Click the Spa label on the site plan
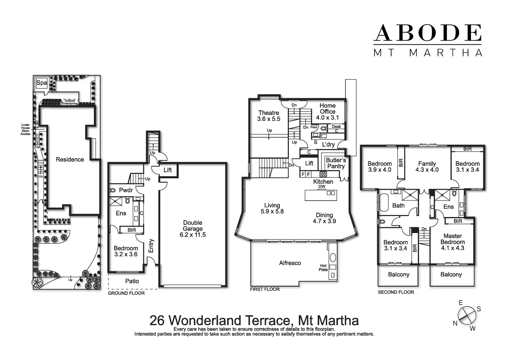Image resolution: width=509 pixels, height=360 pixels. [42, 83]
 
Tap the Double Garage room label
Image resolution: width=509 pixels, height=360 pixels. [193, 228]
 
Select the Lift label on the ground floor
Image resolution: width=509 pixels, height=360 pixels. [168, 170]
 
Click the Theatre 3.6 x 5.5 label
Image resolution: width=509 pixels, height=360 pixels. [268, 116]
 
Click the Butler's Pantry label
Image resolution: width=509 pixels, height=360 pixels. [335, 163]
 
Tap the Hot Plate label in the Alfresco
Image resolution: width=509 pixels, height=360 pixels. [323, 268]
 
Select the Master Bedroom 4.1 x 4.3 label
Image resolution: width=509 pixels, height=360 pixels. [452, 242]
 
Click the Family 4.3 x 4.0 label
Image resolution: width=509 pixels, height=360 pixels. [427, 166]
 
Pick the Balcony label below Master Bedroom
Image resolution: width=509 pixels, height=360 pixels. [451, 274]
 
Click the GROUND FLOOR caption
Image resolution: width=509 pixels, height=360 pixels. [126, 293]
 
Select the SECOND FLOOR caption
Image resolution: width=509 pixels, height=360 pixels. [396, 292]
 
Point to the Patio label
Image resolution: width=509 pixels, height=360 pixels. [132, 281]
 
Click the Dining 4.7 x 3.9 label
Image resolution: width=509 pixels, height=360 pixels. [324, 218]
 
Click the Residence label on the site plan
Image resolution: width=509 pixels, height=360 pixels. [70, 159]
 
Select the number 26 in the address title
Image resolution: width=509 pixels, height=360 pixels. [157, 320]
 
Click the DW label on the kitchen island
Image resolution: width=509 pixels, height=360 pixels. [321, 187]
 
